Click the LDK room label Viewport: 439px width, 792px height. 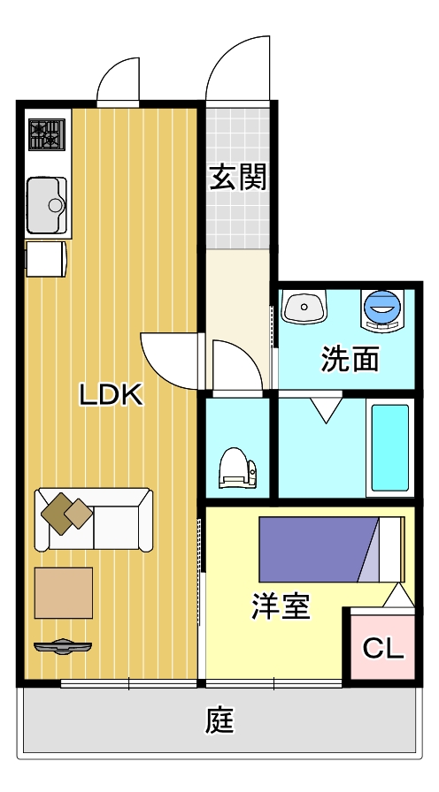[112, 394]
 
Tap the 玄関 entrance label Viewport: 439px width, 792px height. [238, 178]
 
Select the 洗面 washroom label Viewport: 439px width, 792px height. [350, 359]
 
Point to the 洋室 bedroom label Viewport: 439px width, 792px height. [281, 606]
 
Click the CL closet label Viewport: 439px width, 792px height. [383, 649]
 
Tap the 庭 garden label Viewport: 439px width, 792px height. [220, 720]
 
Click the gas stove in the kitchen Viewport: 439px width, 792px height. [47, 134]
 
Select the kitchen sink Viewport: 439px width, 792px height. [47, 205]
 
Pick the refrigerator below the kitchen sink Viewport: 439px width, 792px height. [46, 259]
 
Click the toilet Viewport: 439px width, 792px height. [237, 468]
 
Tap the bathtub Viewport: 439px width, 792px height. [390, 448]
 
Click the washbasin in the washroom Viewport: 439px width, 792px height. [304, 308]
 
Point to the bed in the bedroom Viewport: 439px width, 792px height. [332, 549]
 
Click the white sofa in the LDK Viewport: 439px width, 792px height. [94, 519]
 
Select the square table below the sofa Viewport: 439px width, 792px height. [64, 592]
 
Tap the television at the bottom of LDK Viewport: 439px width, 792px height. [63, 646]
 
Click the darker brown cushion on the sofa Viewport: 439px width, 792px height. [57, 514]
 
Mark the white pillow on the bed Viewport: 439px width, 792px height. [391, 549]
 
